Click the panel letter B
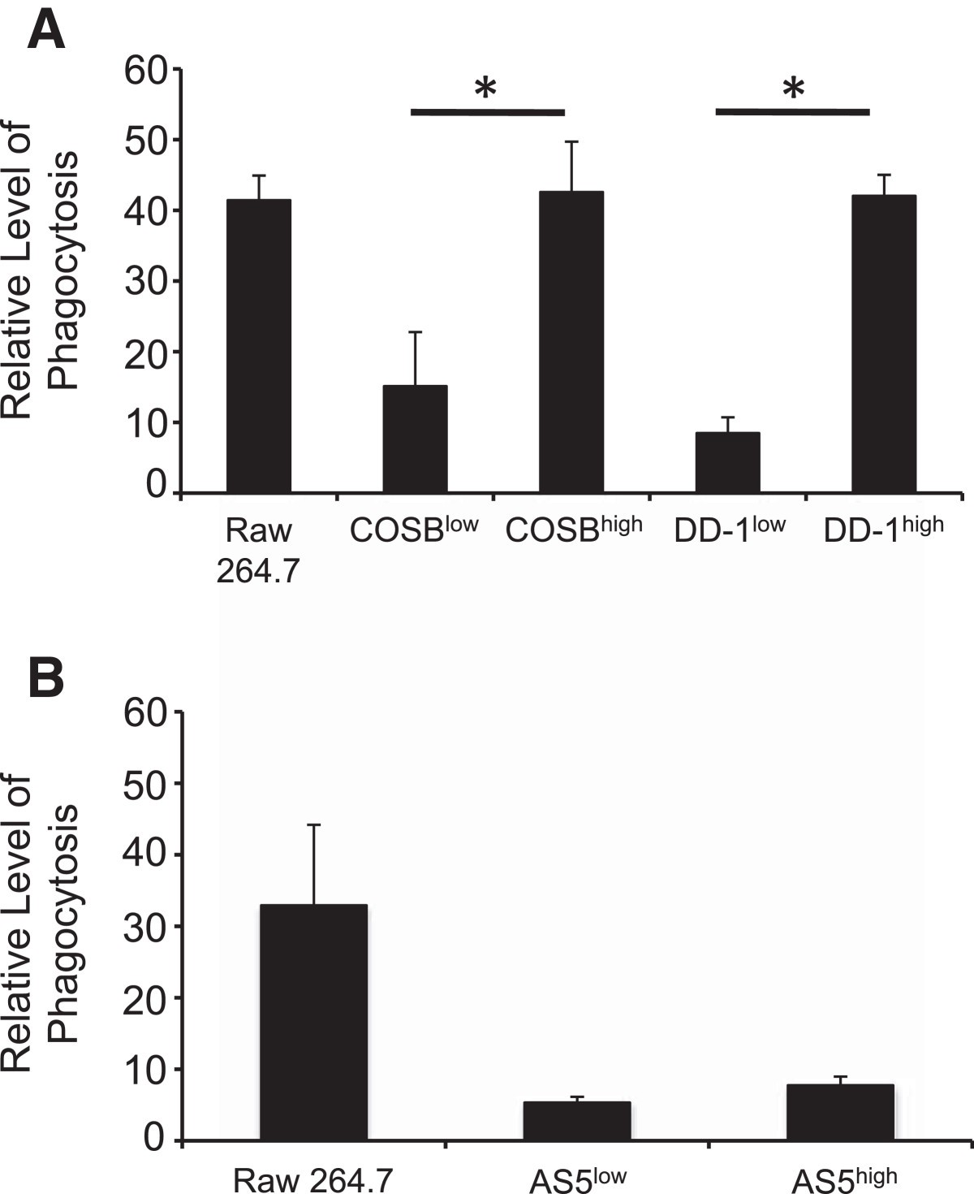tap(46, 678)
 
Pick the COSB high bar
tap(571, 342)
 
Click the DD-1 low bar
tap(728, 462)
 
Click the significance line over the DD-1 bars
tap(792, 111)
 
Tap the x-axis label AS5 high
tap(844, 1179)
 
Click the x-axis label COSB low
tap(414, 530)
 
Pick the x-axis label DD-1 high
tap(884, 530)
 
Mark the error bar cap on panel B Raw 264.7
tap(313, 824)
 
